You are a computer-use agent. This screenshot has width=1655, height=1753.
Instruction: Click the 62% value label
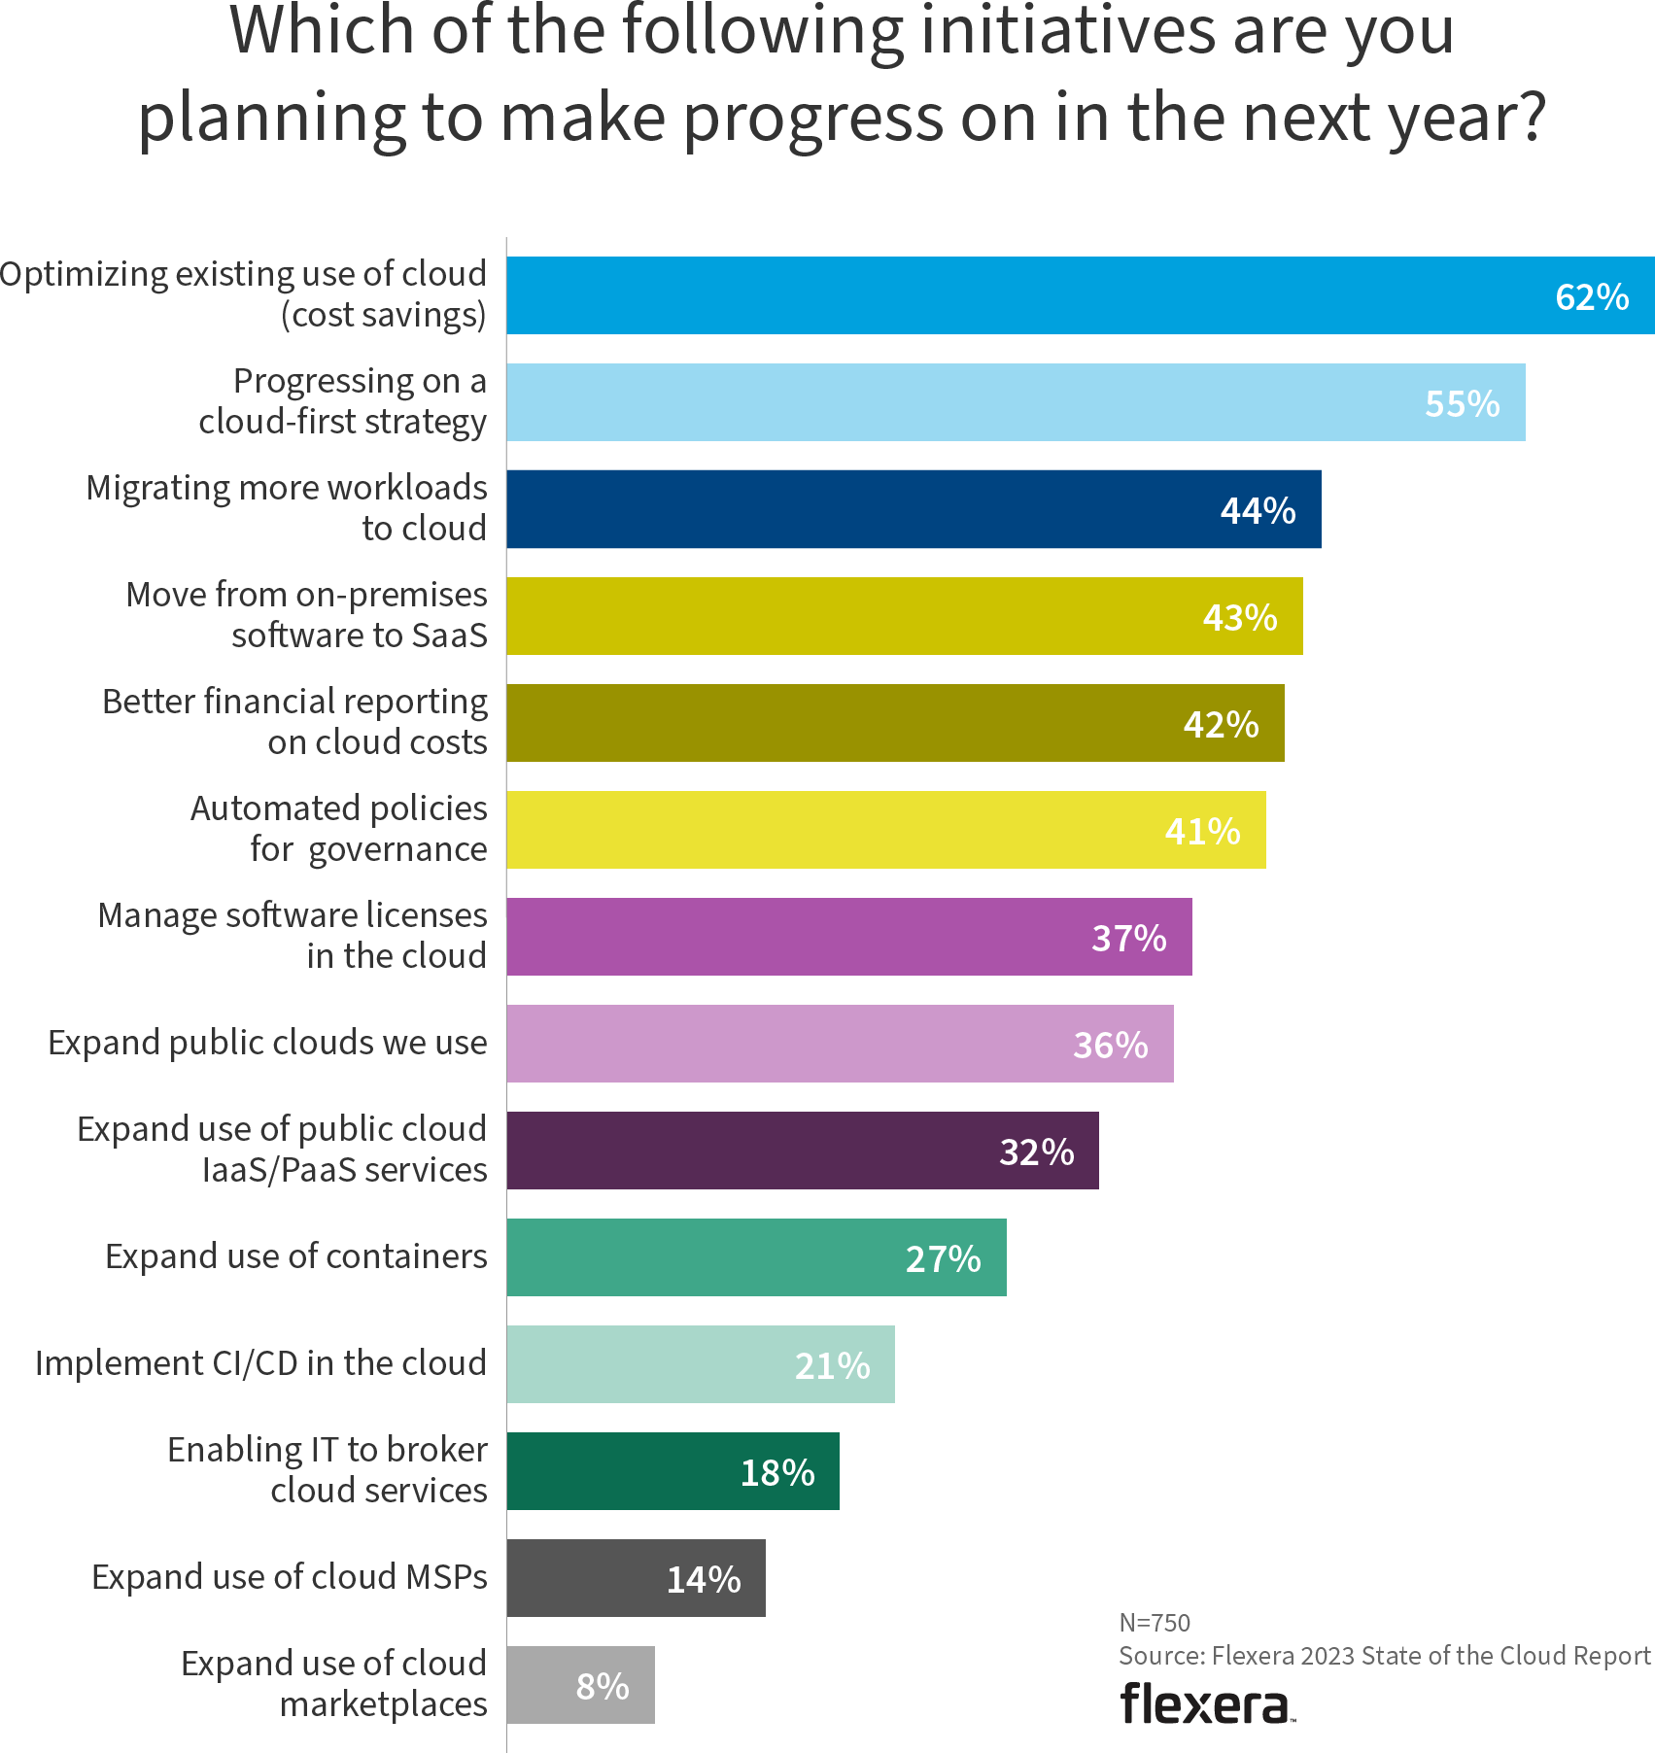[x=1592, y=296]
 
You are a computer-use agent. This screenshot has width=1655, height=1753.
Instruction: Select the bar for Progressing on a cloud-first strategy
[x=1015, y=402]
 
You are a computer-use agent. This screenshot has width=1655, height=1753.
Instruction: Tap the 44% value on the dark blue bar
[x=1258, y=510]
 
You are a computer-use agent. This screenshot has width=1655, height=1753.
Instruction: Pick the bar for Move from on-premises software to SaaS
[x=904, y=616]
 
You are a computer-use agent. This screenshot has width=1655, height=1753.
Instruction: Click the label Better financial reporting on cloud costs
[x=294, y=721]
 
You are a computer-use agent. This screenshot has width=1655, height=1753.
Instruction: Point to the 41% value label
[x=1202, y=831]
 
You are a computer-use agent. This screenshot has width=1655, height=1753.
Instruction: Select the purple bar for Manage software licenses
[x=848, y=937]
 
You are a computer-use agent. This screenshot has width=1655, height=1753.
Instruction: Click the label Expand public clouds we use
[x=267, y=1043]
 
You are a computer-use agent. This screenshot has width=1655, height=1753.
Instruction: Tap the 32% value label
[x=1036, y=1151]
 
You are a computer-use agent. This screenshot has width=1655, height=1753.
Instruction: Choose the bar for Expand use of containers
[x=756, y=1257]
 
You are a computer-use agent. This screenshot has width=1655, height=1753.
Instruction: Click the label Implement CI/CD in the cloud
[x=260, y=1363]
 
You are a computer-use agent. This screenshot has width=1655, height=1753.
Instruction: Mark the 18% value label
[x=776, y=1472]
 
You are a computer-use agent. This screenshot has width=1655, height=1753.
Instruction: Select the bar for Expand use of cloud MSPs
[x=636, y=1578]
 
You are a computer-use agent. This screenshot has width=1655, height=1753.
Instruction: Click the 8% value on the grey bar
[x=603, y=1686]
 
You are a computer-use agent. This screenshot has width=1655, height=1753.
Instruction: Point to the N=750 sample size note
[x=1155, y=1622]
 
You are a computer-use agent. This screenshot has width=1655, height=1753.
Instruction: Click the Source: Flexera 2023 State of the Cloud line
[x=1384, y=1656]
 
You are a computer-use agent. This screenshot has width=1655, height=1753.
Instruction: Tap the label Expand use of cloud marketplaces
[x=333, y=1684]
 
